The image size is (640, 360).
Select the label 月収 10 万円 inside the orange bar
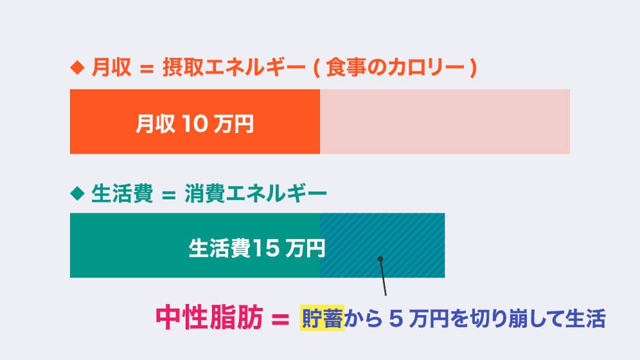pyautogui.click(x=194, y=122)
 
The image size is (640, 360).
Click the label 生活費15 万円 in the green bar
pyautogui.click(x=256, y=247)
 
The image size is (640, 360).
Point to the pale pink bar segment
pyautogui.click(x=445, y=122)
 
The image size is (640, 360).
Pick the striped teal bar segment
pyautogui.click(x=382, y=245)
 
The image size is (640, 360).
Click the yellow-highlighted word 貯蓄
pyautogui.click(x=323, y=318)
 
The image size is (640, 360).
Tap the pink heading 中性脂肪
pyautogui.click(x=209, y=318)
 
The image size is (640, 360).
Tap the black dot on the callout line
pyautogui.click(x=380, y=259)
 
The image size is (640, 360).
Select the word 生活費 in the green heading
pyautogui.click(x=122, y=192)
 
